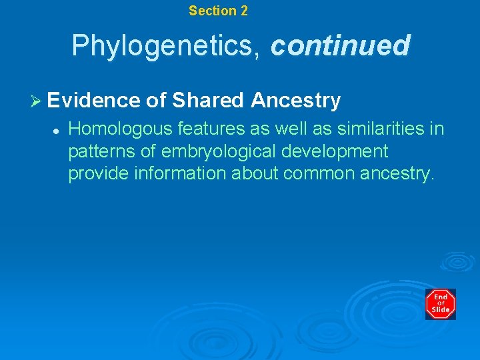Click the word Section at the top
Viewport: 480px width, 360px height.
tap(212, 11)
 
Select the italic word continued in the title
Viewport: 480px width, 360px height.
tap(340, 46)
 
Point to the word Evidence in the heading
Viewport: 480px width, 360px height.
tap(94, 101)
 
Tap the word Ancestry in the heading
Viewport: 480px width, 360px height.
tap(295, 101)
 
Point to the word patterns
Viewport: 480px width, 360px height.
tap(98, 151)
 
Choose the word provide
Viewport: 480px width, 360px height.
tap(97, 175)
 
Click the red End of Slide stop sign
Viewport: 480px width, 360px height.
tap(440, 304)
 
